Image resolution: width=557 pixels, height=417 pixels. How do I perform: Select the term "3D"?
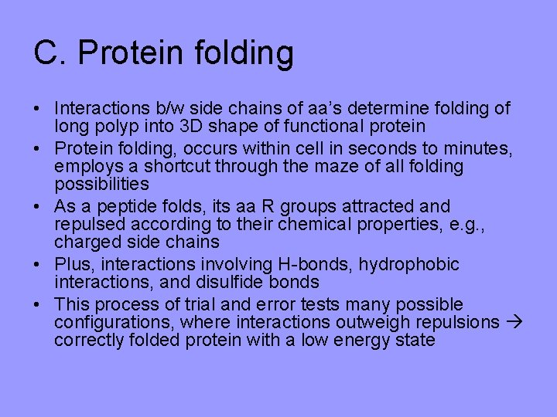coord(213,126)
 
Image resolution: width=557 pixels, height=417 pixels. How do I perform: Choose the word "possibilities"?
coord(101,185)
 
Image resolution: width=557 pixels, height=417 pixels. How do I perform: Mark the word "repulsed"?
coord(87,225)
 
